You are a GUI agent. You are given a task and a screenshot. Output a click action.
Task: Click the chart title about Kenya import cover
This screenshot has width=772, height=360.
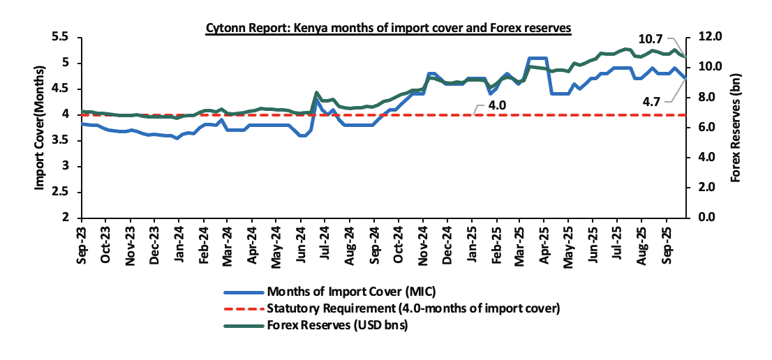pyautogui.click(x=388, y=27)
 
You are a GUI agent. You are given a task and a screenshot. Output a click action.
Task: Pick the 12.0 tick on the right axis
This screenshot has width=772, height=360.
pyautogui.click(x=708, y=37)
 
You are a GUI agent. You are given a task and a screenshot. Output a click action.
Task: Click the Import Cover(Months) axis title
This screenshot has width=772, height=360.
pyautogui.click(x=40, y=127)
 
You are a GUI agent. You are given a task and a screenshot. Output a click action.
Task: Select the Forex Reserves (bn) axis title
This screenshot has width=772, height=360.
pyautogui.click(x=735, y=128)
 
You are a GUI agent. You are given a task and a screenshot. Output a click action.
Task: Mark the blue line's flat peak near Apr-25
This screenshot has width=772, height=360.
pyautogui.click(x=537, y=58)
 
